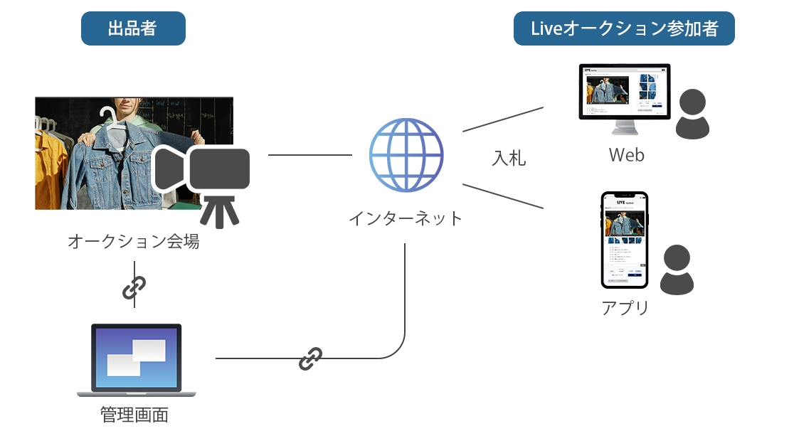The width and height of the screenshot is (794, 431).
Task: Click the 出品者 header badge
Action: (133, 29)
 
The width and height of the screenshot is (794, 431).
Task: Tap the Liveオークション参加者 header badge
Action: (624, 29)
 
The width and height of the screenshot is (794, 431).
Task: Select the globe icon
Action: (406, 155)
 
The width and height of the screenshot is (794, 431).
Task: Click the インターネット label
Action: (406, 218)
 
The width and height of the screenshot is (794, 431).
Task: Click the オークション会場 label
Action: (134, 242)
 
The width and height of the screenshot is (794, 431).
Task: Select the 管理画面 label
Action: (135, 414)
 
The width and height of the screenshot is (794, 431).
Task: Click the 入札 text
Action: (509, 158)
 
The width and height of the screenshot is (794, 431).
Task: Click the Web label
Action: (626, 154)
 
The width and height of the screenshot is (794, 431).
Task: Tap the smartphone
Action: (625, 240)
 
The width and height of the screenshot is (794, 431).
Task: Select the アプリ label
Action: (625, 308)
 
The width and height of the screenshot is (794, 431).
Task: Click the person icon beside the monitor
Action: (692, 115)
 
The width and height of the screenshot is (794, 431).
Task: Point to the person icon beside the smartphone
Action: (677, 270)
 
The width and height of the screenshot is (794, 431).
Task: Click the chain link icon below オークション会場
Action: (134, 287)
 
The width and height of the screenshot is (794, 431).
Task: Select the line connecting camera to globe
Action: (310, 154)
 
